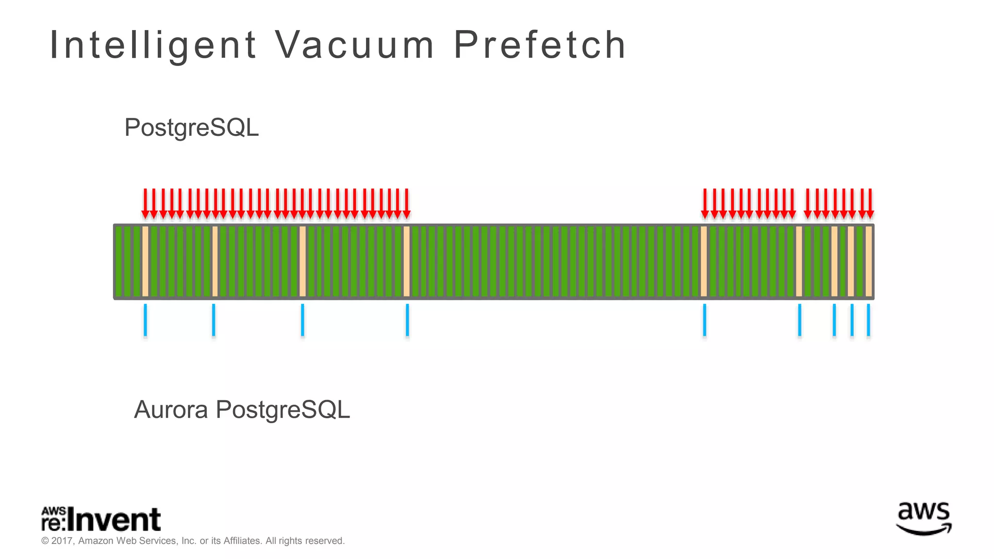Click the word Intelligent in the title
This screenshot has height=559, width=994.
coord(153,45)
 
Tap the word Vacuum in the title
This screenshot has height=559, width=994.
coord(355,45)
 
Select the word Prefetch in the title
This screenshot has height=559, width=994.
coord(540,45)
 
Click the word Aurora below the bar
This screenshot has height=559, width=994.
coord(171,410)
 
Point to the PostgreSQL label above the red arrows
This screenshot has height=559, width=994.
coord(191,128)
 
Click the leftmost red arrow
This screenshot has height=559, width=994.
coord(145,203)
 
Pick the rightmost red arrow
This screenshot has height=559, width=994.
coord(870,203)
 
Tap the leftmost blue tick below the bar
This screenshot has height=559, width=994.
coord(145,320)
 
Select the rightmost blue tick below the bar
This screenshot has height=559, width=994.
coord(868,320)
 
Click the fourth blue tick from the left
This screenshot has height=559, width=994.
coord(407,320)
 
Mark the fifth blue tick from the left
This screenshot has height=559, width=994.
coord(704,320)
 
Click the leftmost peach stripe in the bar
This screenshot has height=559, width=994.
coord(145,262)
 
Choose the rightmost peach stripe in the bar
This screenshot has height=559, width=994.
coord(869,262)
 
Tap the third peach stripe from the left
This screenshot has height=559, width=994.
coord(302,262)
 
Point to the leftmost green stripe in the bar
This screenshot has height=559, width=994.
coord(118,262)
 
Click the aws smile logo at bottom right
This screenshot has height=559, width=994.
coord(923,519)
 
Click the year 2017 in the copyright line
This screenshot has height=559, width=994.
coord(62,541)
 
